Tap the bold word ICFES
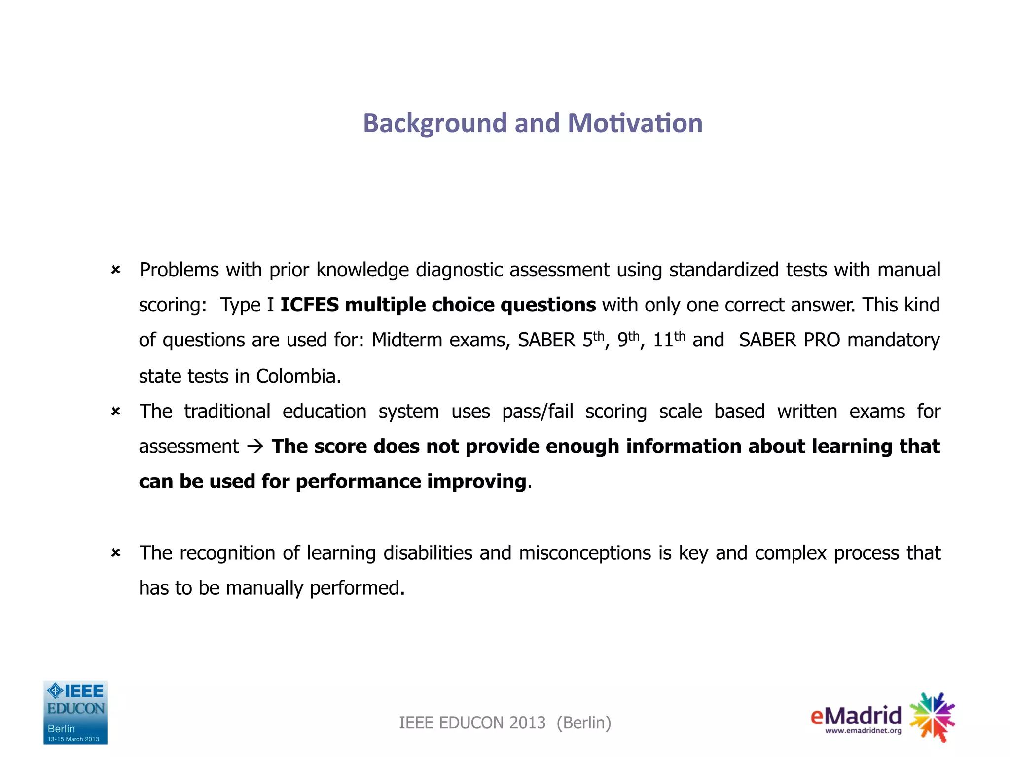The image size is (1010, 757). [309, 305]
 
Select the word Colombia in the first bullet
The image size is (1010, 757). [298, 377]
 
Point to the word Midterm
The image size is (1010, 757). [407, 341]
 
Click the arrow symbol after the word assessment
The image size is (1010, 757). [255, 447]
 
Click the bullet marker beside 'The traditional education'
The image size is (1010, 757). [116, 411]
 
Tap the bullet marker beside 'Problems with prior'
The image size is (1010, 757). [116, 270]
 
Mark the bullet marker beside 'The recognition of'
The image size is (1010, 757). [116, 553]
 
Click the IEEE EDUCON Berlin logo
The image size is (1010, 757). [75, 712]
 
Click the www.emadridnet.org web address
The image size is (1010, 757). [863, 731]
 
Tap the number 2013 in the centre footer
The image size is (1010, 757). [527, 723]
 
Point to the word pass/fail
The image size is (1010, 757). [538, 412]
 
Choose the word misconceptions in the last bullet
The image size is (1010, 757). [585, 553]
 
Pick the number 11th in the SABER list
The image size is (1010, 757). [669, 340]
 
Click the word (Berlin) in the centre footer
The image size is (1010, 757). [584, 723]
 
